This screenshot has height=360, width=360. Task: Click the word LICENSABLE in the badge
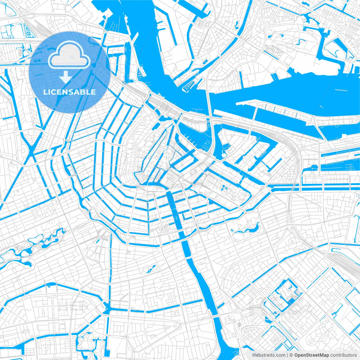pos(69,92)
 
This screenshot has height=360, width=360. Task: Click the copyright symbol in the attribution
pos(291,355)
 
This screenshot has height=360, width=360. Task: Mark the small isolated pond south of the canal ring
pos(149,269)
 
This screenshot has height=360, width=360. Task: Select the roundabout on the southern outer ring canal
pos(127,238)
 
